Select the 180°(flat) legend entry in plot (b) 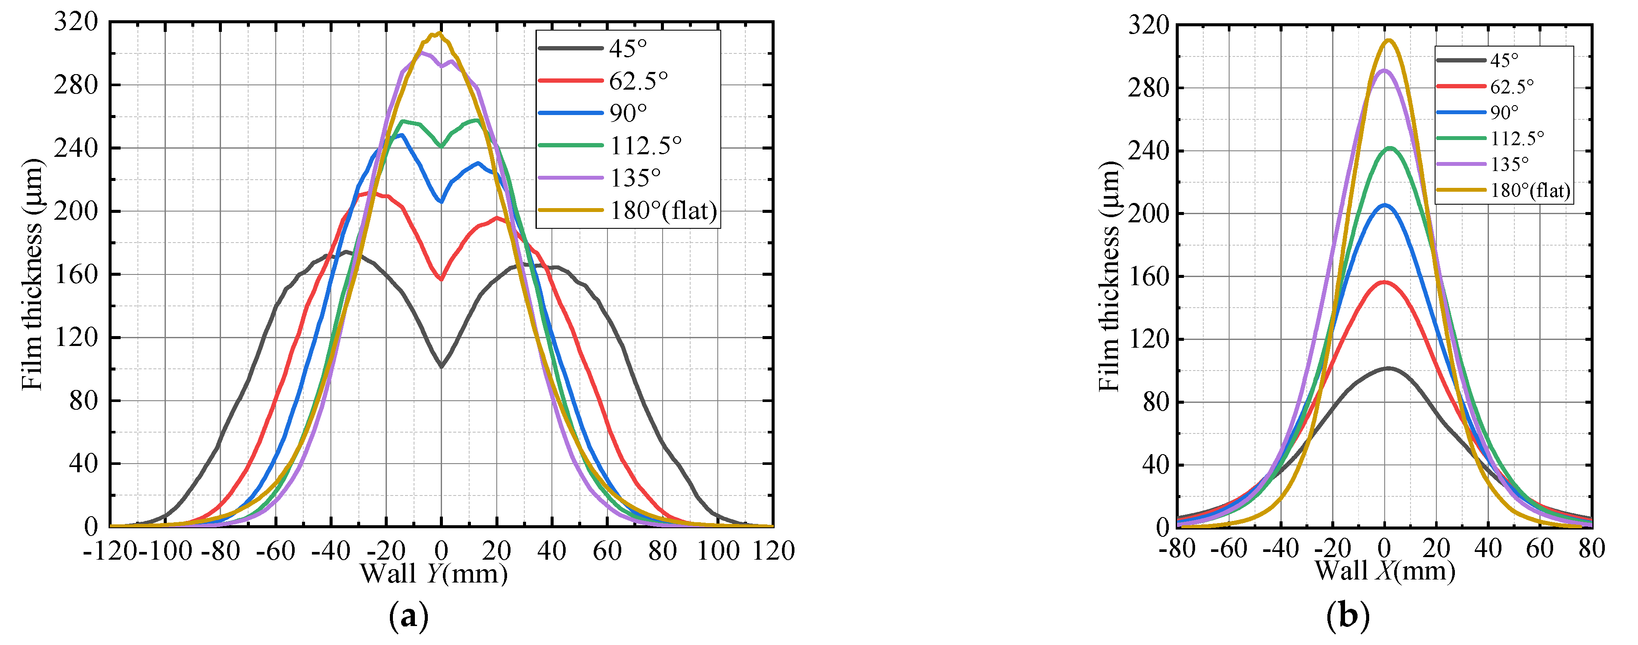point(1530,190)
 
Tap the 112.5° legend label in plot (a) point(645,146)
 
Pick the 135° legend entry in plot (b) point(1509,164)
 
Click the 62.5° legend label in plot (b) point(1511,86)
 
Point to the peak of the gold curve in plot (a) point(439,34)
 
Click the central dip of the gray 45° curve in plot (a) point(441,366)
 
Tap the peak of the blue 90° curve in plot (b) point(1384,205)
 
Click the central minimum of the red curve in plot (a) point(441,279)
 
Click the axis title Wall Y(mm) point(434,574)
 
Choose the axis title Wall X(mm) point(1385,570)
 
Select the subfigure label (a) point(408,617)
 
